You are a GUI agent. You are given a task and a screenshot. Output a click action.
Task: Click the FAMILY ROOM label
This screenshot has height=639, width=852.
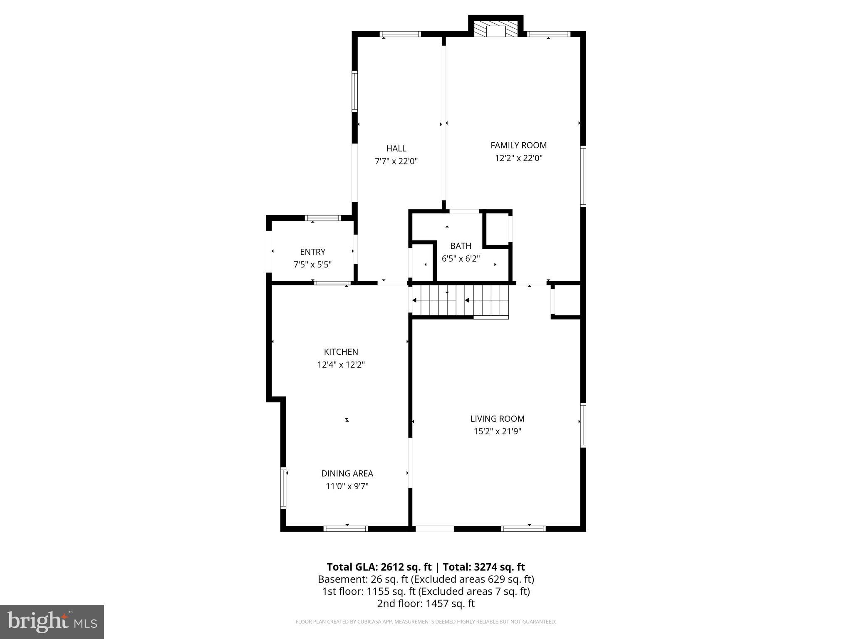[518, 145]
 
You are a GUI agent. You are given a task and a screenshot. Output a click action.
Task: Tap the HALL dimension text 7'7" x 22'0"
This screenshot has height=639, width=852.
[396, 161]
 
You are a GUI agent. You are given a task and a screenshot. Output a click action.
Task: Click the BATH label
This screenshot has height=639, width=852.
[461, 246]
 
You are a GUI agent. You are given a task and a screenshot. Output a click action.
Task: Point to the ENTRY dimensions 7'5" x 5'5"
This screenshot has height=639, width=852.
[312, 265]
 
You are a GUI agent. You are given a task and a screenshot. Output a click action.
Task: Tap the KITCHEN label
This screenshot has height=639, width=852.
[341, 352]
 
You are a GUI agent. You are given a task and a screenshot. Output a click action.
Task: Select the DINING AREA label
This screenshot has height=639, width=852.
[347, 473]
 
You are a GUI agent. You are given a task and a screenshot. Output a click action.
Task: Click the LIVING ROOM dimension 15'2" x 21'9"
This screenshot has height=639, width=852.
[497, 431]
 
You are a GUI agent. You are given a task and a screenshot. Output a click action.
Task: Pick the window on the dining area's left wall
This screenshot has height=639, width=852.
[283, 488]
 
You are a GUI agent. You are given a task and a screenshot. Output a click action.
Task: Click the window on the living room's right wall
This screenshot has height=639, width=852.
[583, 425]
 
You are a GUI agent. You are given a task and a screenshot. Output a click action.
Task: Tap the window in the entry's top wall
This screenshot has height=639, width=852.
[323, 218]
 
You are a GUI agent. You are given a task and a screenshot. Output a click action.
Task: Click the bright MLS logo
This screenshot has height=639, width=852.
[52, 622]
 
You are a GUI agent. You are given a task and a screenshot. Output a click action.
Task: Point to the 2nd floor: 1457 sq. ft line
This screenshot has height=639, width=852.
[426, 604]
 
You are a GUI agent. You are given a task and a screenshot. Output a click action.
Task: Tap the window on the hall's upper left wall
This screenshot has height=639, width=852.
[355, 91]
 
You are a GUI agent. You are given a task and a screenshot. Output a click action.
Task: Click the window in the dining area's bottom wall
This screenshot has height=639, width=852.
[346, 529]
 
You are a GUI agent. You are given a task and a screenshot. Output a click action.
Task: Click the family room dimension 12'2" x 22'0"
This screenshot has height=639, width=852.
[518, 158]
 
